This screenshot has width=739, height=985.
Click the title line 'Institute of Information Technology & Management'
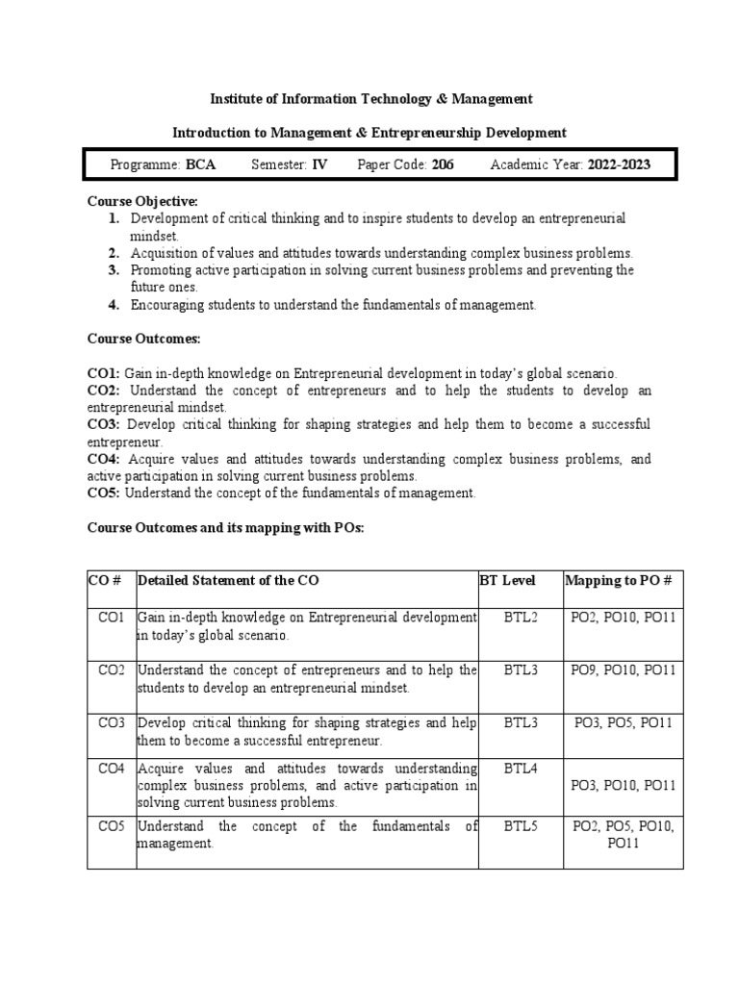(x=371, y=99)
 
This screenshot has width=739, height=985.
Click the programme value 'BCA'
(x=201, y=164)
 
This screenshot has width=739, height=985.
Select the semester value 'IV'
(x=319, y=164)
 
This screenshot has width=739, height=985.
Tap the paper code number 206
(x=442, y=164)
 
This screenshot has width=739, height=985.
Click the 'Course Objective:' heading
(x=142, y=201)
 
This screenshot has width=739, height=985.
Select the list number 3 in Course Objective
(x=113, y=270)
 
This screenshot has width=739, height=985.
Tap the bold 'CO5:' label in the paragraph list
(x=103, y=493)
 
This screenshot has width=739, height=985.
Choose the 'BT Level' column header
(x=507, y=581)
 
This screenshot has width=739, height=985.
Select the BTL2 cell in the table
(x=521, y=617)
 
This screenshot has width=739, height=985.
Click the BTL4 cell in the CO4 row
(x=521, y=769)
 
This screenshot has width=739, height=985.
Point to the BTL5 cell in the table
(x=521, y=826)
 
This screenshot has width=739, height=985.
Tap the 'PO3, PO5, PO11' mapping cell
(x=623, y=722)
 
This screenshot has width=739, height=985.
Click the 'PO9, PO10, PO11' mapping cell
(x=623, y=669)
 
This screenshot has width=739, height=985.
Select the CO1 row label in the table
(x=112, y=617)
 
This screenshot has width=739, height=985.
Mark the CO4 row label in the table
(x=112, y=769)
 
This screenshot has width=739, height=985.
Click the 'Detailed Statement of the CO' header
(x=228, y=581)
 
